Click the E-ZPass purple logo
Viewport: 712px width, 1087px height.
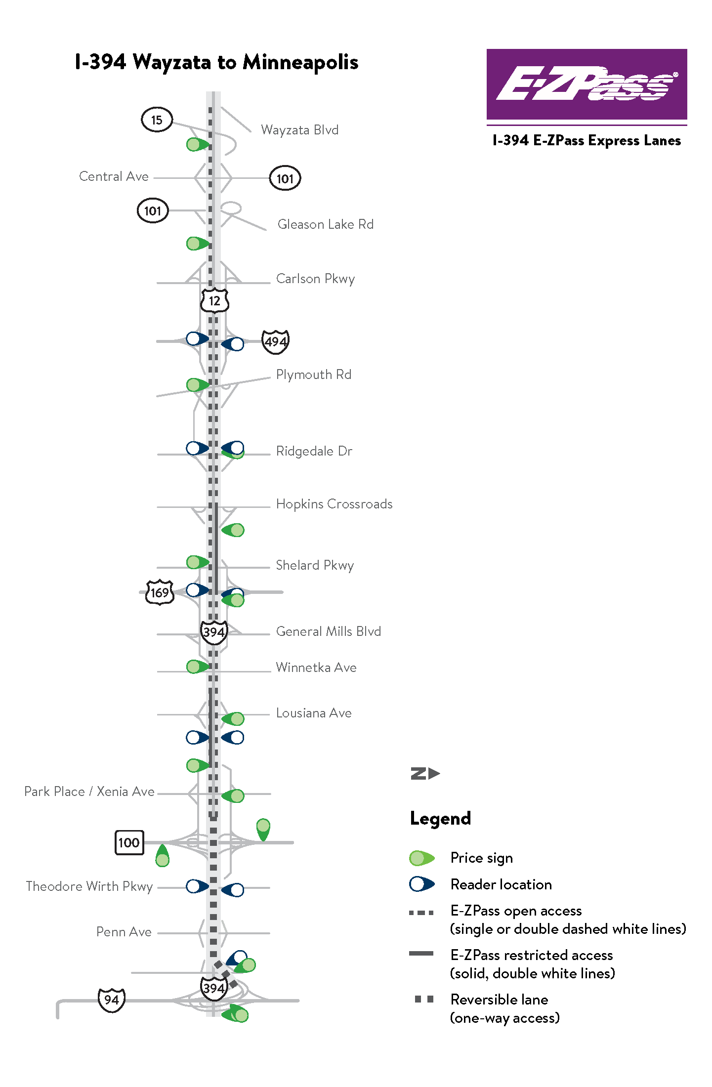pyautogui.click(x=586, y=84)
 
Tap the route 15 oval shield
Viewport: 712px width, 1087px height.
pyautogui.click(x=157, y=120)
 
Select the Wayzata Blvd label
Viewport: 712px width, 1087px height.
pyautogui.click(x=299, y=130)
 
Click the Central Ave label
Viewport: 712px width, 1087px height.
pyautogui.click(x=114, y=176)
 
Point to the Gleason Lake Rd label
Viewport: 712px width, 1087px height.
pyautogui.click(x=325, y=224)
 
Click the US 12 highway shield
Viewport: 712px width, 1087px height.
pyautogui.click(x=214, y=300)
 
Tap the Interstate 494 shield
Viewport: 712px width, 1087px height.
pyautogui.click(x=275, y=341)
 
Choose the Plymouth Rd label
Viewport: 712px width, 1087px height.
pyautogui.click(x=313, y=375)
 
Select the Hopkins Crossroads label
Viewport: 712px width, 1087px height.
pyautogui.click(x=334, y=504)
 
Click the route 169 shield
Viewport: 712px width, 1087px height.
pyautogui.click(x=160, y=592)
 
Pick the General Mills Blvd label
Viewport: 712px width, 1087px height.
pyautogui.click(x=328, y=631)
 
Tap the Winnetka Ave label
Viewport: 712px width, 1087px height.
pyautogui.click(x=316, y=668)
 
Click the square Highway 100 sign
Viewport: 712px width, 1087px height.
pyautogui.click(x=129, y=842)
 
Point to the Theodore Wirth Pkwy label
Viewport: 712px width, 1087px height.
pyautogui.click(x=89, y=886)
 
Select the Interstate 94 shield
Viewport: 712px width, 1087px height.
pyautogui.click(x=112, y=1000)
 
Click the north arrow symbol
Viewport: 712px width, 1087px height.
pyautogui.click(x=425, y=773)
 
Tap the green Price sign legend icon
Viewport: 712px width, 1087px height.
pyautogui.click(x=422, y=858)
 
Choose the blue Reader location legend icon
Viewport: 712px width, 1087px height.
pyautogui.click(x=422, y=884)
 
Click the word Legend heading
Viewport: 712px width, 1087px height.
pyautogui.click(x=440, y=819)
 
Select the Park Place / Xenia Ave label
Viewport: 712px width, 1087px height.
pyautogui.click(x=89, y=792)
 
